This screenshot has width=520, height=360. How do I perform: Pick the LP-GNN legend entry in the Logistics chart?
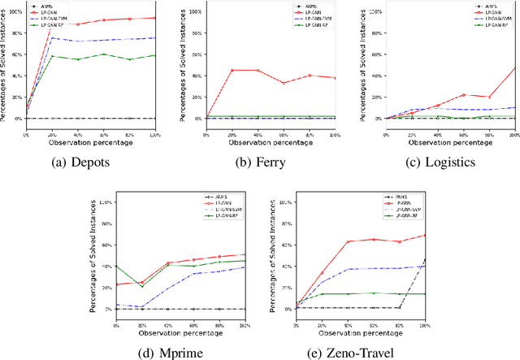pyautogui.click(x=488, y=13)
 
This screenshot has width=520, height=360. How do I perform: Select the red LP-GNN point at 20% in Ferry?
pyautogui.click(x=232, y=71)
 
